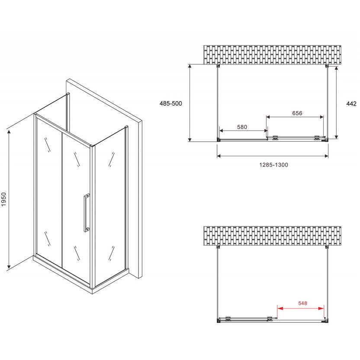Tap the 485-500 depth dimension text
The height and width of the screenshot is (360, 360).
pos(170,104)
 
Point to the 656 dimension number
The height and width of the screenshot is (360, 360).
pos(296,114)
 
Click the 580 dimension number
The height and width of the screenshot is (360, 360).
pos(242,127)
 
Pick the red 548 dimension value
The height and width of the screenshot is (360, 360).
pos(302,303)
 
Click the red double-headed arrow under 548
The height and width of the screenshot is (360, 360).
pos(300,309)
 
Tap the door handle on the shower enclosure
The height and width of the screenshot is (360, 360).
pos(87,212)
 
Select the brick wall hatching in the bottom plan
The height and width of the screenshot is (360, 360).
pos(272,236)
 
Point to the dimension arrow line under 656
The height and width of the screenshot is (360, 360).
pos(295,117)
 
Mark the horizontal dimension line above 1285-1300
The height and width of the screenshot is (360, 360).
pos(272,156)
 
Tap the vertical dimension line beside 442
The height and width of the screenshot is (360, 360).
pos(337,103)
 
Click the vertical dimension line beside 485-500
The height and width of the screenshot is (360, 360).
pos(190,103)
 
